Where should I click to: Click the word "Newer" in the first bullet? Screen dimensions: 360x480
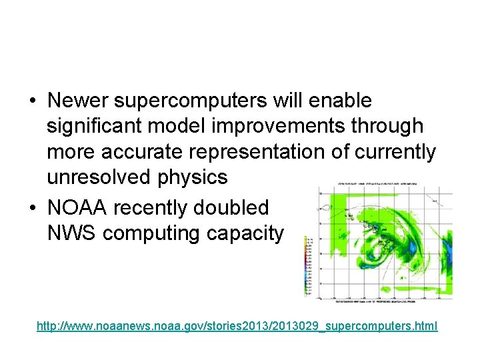pos(81,101)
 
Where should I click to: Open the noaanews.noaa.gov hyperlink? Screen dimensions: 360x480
pos(237,327)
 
